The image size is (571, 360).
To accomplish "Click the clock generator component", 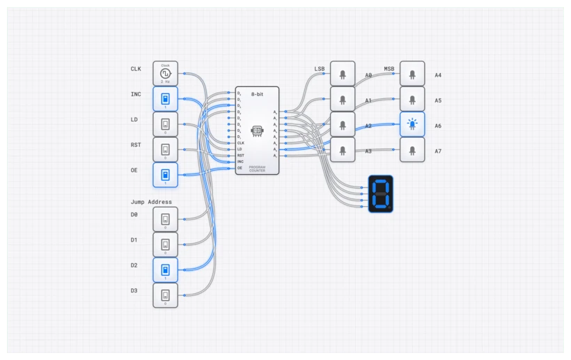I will pyautogui.click(x=166, y=73).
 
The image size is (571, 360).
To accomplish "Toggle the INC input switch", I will pyautogui.click(x=166, y=99).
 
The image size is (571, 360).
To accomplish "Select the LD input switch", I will pyautogui.click(x=166, y=125).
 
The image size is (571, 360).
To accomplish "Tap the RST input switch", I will pyautogui.click(x=166, y=150).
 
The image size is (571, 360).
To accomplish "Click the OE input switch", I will pyautogui.click(x=166, y=175).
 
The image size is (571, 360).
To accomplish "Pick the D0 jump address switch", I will pyautogui.click(x=166, y=219).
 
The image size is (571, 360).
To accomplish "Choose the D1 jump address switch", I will pyautogui.click(x=166, y=244).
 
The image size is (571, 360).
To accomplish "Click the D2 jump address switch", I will pyautogui.click(x=166, y=270).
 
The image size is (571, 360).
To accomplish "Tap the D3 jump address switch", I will pyautogui.click(x=166, y=295).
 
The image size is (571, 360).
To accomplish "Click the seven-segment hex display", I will pyautogui.click(x=381, y=194).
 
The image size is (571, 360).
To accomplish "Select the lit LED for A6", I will pyautogui.click(x=412, y=125).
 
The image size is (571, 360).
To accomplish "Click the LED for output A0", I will pyautogui.click(x=342, y=74).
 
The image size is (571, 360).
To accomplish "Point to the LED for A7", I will pyautogui.click(x=412, y=150).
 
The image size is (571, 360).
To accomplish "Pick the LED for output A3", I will pyautogui.click(x=342, y=150).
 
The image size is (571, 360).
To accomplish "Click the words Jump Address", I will pyautogui.click(x=151, y=202).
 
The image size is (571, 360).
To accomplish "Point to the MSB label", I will pyautogui.click(x=389, y=69).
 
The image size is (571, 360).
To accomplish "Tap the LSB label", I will pyautogui.click(x=320, y=69).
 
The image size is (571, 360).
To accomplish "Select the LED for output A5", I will pyautogui.click(x=412, y=99).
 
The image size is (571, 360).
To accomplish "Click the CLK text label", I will pyautogui.click(x=136, y=69).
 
